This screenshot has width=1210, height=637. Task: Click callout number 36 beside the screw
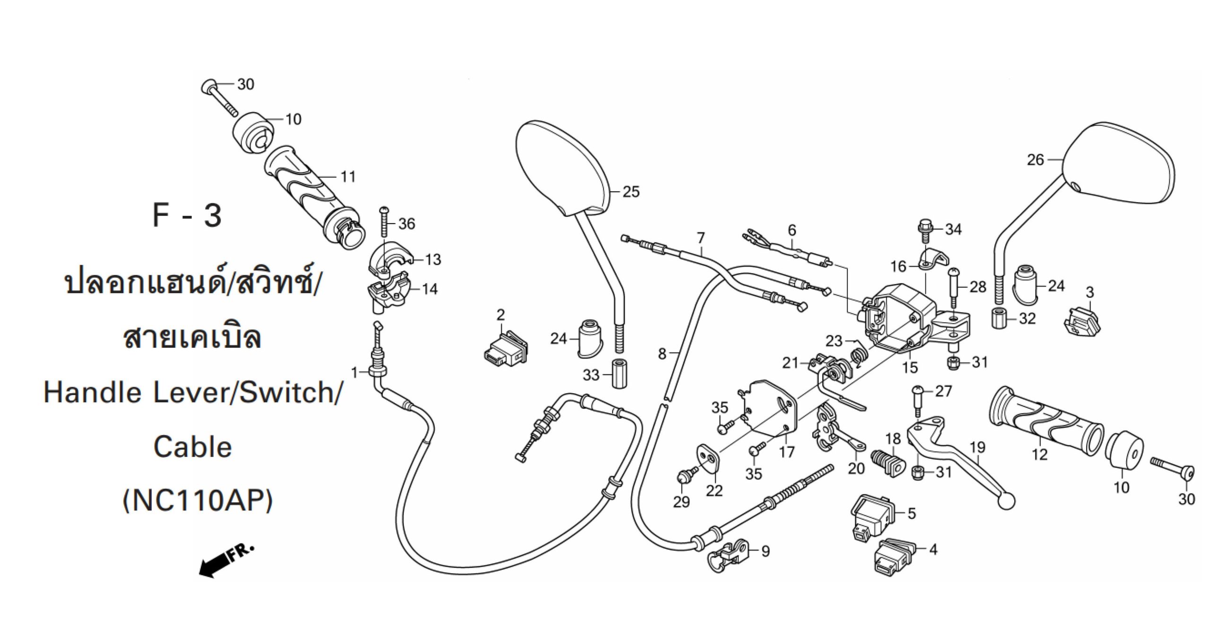[406, 224]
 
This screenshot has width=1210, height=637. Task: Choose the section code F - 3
[187, 216]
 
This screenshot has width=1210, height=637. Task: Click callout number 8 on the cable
[662, 353]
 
